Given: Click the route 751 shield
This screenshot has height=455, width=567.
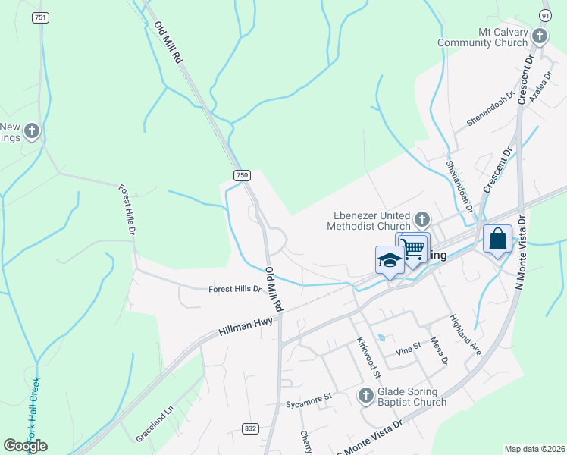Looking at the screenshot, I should point(39,17).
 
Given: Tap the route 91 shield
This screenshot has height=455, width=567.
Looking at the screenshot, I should point(545,15).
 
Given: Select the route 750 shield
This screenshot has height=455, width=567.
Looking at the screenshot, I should point(241,175).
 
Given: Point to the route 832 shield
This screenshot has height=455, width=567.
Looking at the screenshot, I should point(251,429).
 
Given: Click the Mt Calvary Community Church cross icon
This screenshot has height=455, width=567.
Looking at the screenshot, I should point(539,36).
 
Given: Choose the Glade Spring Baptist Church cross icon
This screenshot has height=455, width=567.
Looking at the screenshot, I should point(365,395).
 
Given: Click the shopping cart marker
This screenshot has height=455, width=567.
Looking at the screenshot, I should point(413,247).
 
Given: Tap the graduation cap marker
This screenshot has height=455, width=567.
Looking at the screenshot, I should point(390,259).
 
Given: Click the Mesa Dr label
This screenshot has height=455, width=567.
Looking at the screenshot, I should point(439,350).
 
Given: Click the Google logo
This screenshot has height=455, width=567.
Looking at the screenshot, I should point(25,446).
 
